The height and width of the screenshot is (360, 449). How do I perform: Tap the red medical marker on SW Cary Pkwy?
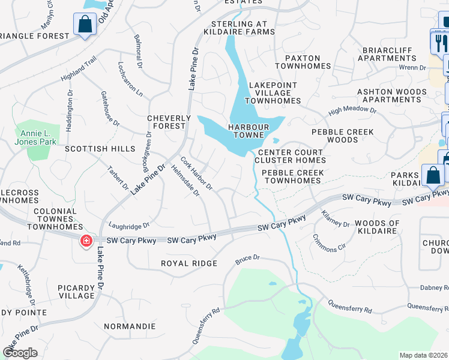[86, 241]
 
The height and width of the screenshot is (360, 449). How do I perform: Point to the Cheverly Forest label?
[169, 122]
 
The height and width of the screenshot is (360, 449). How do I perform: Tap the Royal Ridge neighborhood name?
[188, 263]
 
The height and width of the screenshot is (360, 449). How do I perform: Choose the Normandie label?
[130, 327]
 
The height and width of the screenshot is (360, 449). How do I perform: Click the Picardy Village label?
[76, 292]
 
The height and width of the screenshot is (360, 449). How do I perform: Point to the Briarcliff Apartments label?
[387, 54]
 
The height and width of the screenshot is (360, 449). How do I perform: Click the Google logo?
[20, 353]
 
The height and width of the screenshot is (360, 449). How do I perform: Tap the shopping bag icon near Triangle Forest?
[85, 25]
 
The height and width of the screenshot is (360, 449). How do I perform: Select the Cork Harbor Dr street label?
[196, 173]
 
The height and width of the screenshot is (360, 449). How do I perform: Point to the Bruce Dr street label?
[247, 259]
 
